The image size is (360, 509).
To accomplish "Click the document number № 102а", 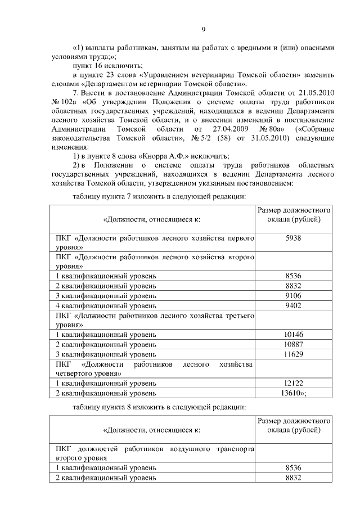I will tap(63, 102).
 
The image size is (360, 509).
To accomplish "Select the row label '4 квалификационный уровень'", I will tap(106, 305).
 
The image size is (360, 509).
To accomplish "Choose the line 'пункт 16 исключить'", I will tap(108, 66).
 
